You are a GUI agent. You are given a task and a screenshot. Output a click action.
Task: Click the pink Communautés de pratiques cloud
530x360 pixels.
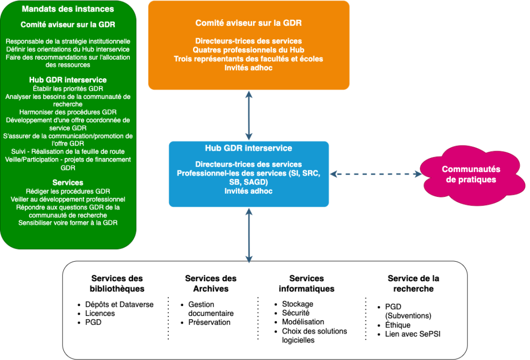pyautogui.click(x=470, y=175)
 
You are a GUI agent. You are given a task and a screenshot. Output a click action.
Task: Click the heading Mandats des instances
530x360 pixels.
pyautogui.click(x=68, y=9)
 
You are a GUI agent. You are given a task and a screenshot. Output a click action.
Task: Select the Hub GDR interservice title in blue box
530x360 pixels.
pyautogui.click(x=248, y=148)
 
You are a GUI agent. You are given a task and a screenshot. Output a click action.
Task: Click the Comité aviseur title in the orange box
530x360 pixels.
pyautogui.click(x=248, y=23)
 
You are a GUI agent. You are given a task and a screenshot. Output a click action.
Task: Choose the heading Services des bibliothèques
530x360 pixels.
pyautogui.click(x=117, y=283)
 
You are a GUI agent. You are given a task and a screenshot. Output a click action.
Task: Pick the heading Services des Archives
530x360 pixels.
pyautogui.click(x=211, y=283)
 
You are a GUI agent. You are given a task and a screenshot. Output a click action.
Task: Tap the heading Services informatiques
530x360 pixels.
pyautogui.click(x=306, y=283)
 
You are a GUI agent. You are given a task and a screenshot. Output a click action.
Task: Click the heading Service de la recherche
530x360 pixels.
pyautogui.click(x=413, y=283)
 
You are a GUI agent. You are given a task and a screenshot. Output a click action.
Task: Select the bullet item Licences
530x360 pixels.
pyautogui.click(x=100, y=313)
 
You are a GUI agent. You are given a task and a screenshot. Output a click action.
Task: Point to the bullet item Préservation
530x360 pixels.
pyautogui.click(x=209, y=322)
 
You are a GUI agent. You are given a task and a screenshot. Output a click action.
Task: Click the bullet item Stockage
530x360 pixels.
pyautogui.click(x=298, y=304)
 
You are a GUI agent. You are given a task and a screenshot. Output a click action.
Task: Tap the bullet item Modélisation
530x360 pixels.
pyautogui.click(x=303, y=322)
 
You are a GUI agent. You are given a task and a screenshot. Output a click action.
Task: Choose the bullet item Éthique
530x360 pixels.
pyautogui.click(x=398, y=325)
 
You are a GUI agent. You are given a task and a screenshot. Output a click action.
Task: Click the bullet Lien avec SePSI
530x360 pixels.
pyautogui.click(x=413, y=334)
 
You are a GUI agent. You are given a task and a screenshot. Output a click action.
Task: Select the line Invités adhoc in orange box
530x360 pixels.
pyautogui.click(x=248, y=68)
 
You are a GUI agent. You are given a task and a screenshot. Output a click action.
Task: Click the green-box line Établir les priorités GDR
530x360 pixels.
pyautogui.click(x=68, y=89)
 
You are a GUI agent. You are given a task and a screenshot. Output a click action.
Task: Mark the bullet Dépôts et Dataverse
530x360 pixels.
pyautogui.click(x=120, y=305)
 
